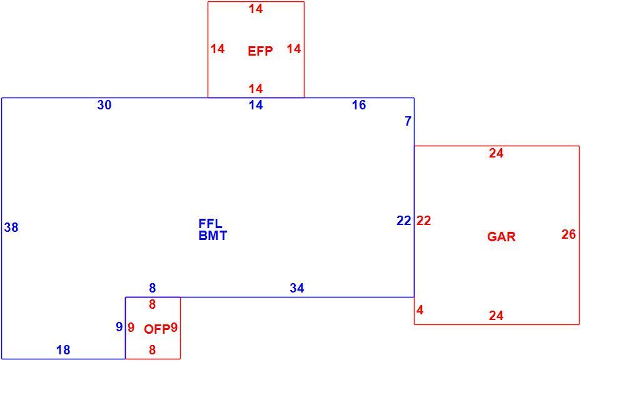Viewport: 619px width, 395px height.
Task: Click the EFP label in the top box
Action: coord(260,51)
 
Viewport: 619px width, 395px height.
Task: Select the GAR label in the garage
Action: coord(501,237)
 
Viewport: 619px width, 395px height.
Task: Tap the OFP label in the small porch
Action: coord(157,329)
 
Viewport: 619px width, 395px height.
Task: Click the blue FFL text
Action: coord(211,224)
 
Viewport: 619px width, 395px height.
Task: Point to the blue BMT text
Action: coord(213,236)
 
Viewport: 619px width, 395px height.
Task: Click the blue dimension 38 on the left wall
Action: coord(11,227)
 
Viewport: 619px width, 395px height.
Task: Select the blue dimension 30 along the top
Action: coord(104,105)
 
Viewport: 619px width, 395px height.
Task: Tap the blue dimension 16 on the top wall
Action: coord(359,105)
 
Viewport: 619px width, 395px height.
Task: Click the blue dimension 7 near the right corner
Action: coord(408,121)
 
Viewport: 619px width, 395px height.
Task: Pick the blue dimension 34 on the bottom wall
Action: coord(297,288)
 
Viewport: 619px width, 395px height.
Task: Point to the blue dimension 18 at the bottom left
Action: coord(63,349)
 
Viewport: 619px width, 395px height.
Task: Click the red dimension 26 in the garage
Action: coord(568,234)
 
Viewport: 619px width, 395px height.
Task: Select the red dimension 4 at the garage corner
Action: coord(420,310)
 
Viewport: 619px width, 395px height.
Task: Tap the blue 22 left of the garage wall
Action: coord(404,221)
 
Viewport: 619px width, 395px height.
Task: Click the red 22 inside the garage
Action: coord(423,221)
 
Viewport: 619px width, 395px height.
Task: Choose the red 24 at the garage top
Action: coord(496,153)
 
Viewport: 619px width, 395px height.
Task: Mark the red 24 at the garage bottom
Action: coord(496,316)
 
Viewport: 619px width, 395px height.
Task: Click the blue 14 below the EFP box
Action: coord(256,105)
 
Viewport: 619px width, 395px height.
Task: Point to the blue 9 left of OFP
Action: coord(119,327)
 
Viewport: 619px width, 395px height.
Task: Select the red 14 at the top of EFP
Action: coord(256,9)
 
